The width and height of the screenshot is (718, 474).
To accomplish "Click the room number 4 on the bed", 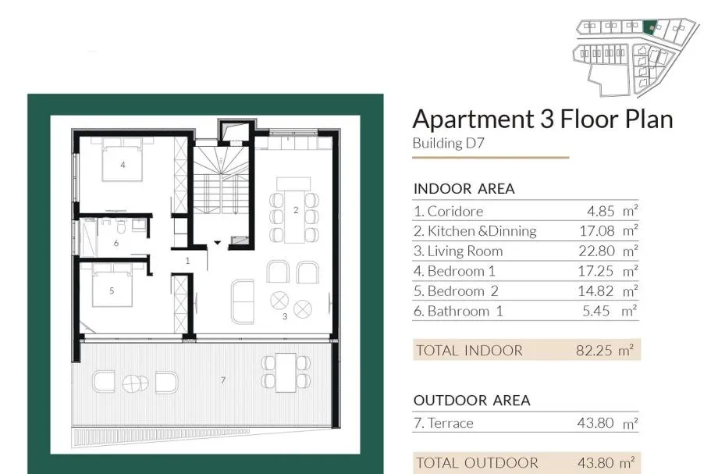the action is pyautogui.click(x=123, y=165).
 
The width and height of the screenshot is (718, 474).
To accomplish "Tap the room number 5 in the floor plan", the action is pyautogui.click(x=112, y=290).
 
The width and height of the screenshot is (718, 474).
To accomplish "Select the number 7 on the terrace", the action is pyautogui.click(x=223, y=380).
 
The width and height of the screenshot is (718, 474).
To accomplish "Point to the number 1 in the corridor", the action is pyautogui.click(x=188, y=261).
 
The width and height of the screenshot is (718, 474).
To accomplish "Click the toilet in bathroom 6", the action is pyautogui.click(x=121, y=226).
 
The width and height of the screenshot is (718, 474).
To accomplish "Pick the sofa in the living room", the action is pyautogui.click(x=242, y=301).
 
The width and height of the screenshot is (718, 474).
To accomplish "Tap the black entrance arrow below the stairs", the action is pyautogui.click(x=218, y=243).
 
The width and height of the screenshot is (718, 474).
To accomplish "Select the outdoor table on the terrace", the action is pyautogui.click(x=286, y=372).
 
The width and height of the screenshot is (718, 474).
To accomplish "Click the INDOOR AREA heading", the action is pyautogui.click(x=464, y=189).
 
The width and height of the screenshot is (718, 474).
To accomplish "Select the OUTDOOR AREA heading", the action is pyautogui.click(x=471, y=401).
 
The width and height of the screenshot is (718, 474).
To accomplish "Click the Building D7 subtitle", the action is pyautogui.click(x=448, y=144).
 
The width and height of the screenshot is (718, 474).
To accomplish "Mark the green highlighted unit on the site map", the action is pyautogui.click(x=649, y=27).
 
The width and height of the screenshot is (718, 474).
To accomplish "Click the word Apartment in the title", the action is pyautogui.click(x=474, y=120).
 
